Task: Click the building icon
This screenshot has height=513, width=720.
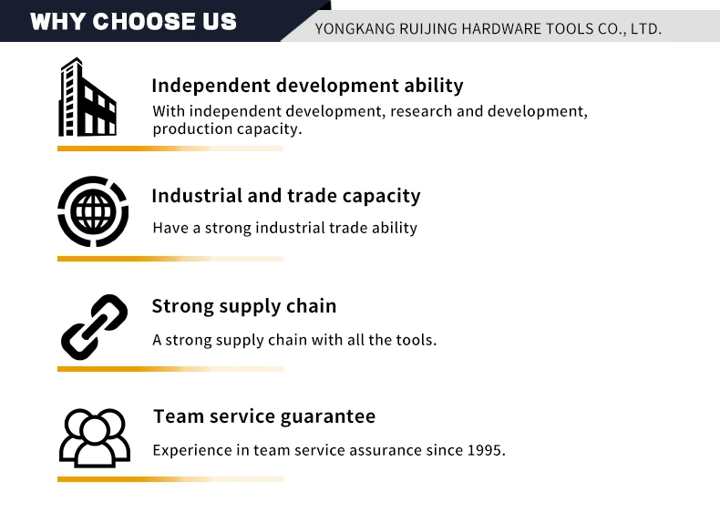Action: tap(87, 97)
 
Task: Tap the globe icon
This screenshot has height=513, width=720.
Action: tap(93, 211)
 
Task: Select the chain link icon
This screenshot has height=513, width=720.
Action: tap(94, 327)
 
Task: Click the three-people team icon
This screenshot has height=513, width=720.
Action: tap(95, 438)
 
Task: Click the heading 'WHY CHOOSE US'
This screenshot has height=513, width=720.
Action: tap(133, 21)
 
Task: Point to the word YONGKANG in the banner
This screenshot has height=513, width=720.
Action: tap(355, 29)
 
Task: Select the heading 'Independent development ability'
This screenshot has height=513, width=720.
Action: tap(308, 86)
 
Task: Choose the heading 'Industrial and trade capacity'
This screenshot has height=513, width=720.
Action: tap(286, 196)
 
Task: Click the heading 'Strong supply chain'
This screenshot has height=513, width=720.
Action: tap(244, 306)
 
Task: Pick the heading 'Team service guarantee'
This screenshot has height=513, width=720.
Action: tap(264, 416)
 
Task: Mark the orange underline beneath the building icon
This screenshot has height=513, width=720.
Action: tap(170, 149)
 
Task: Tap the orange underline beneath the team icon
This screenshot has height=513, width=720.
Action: tap(170, 479)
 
